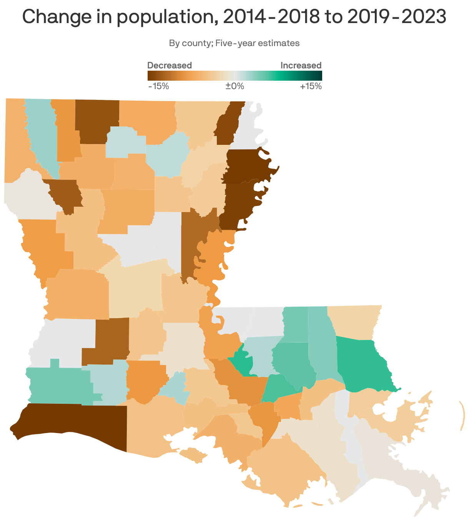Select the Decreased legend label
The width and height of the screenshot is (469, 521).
tap(170, 65)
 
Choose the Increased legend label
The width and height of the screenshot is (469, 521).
tap(301, 65)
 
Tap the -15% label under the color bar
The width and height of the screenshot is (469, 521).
tap(158, 86)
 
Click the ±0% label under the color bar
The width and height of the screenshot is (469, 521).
tap(234, 86)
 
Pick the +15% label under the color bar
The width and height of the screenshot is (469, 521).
tap(311, 86)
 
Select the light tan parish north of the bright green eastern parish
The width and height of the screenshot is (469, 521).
tap(354, 321)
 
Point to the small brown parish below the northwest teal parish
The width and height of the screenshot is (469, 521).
tap(65, 194)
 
